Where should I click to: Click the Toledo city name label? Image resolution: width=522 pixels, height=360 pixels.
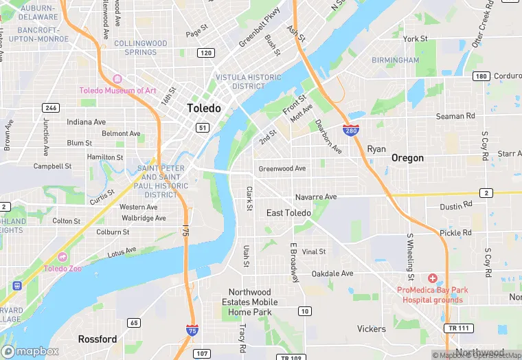click(204, 109)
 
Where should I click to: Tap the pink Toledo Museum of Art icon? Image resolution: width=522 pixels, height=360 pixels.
click(116, 79)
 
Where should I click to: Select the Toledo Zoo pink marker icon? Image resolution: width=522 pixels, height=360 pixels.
click(63, 256)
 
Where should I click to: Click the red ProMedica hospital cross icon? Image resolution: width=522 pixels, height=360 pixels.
click(432, 278)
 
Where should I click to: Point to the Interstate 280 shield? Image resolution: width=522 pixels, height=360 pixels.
click(350, 129)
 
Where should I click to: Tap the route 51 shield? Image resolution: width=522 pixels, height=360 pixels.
click(202, 127)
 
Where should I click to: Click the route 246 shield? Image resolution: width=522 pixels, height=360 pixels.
click(50, 108)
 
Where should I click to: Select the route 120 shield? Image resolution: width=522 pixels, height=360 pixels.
click(206, 53)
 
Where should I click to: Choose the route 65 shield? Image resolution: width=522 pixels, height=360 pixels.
click(134, 323)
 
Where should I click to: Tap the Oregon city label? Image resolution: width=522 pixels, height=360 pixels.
click(407, 158)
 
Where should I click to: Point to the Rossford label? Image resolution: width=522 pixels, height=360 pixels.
click(97, 339)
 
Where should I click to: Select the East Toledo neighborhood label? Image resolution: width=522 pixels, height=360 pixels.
click(288, 213)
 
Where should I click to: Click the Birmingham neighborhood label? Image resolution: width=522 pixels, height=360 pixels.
click(395, 60)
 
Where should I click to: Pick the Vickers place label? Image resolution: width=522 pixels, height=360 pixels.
click(372, 329)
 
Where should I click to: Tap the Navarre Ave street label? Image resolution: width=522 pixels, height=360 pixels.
click(316, 197)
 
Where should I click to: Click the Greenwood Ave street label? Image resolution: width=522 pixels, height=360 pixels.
click(282, 169)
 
